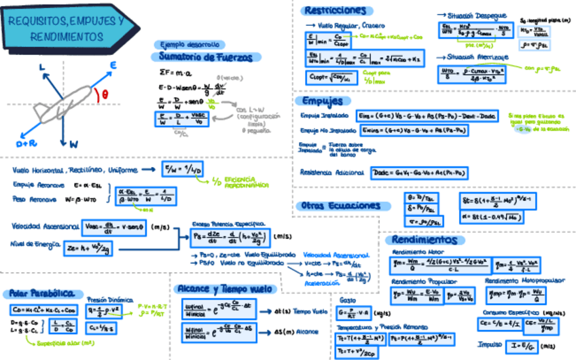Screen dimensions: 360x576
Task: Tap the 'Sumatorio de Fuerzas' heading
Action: pos(204,56)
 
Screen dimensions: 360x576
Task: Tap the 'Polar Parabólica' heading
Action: pos(41,293)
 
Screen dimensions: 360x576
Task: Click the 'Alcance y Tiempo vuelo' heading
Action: pos(225,288)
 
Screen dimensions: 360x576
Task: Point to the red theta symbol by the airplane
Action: pos(105,95)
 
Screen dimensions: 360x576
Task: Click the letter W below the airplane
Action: pos(73,144)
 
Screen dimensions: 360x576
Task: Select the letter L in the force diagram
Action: pos(42,67)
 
